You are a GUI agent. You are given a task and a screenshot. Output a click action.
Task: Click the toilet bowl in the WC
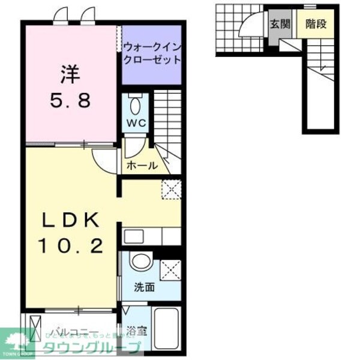point(135,106)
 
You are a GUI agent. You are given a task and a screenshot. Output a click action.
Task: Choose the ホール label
point(142,166)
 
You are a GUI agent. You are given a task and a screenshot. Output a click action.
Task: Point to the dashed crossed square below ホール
point(171,189)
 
